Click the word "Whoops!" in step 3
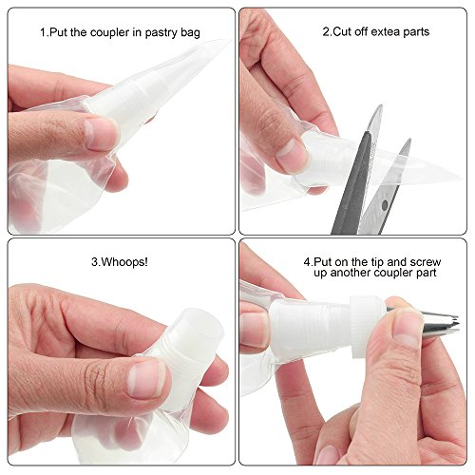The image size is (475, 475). [123, 262]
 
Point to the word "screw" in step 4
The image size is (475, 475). [426, 262]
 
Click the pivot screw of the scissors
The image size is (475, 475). [385, 205]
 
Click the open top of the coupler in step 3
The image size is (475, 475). [203, 325]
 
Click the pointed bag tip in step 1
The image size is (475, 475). [229, 40]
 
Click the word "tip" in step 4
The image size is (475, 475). [376, 263]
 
